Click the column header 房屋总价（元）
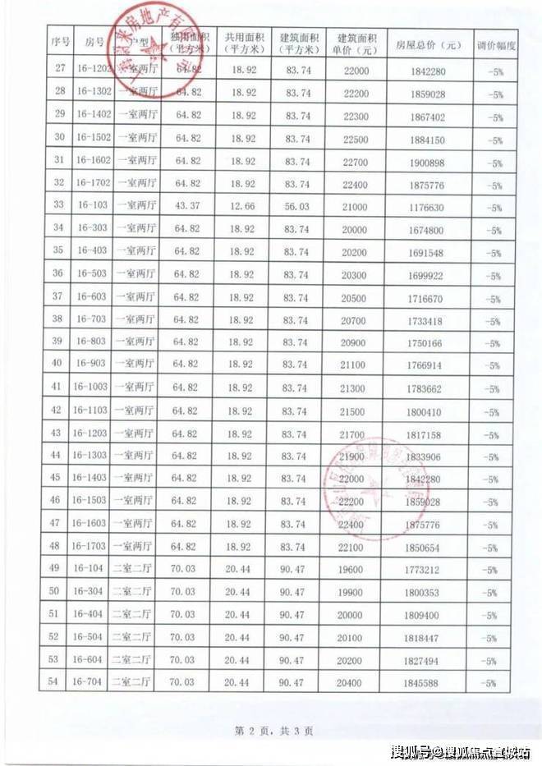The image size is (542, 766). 427,44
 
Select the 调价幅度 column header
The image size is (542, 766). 497,44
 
